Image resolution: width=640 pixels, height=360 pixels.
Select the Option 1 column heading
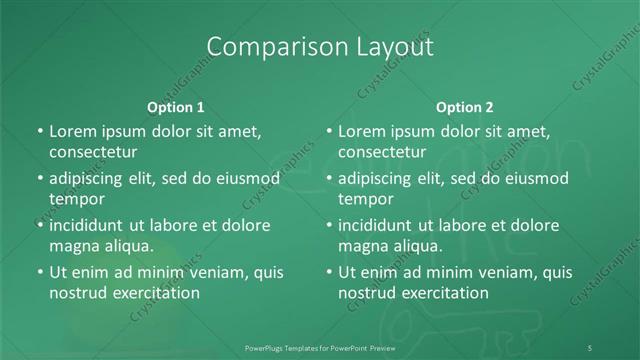pyautogui.click(x=176, y=107)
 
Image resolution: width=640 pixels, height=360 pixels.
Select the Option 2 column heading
pyautogui.click(x=465, y=107)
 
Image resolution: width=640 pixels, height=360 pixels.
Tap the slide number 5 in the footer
pyautogui.click(x=590, y=347)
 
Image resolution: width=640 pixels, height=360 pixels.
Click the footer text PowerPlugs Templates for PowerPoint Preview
pyautogui.click(x=320, y=347)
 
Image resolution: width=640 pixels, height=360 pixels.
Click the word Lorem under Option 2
pyautogui.click(x=361, y=131)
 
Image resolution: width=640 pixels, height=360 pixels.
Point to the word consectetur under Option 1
pyautogui.click(x=93, y=152)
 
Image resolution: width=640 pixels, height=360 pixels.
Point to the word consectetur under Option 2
pyautogui.click(x=382, y=152)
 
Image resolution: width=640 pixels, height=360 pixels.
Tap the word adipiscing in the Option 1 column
pyautogui.click(x=91, y=178)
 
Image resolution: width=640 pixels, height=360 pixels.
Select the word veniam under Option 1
pyautogui.click(x=206, y=272)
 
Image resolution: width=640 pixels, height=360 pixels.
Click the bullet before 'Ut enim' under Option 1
pyautogui.click(x=39, y=272)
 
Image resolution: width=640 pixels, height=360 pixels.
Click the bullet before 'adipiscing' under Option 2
pyautogui.click(x=328, y=179)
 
